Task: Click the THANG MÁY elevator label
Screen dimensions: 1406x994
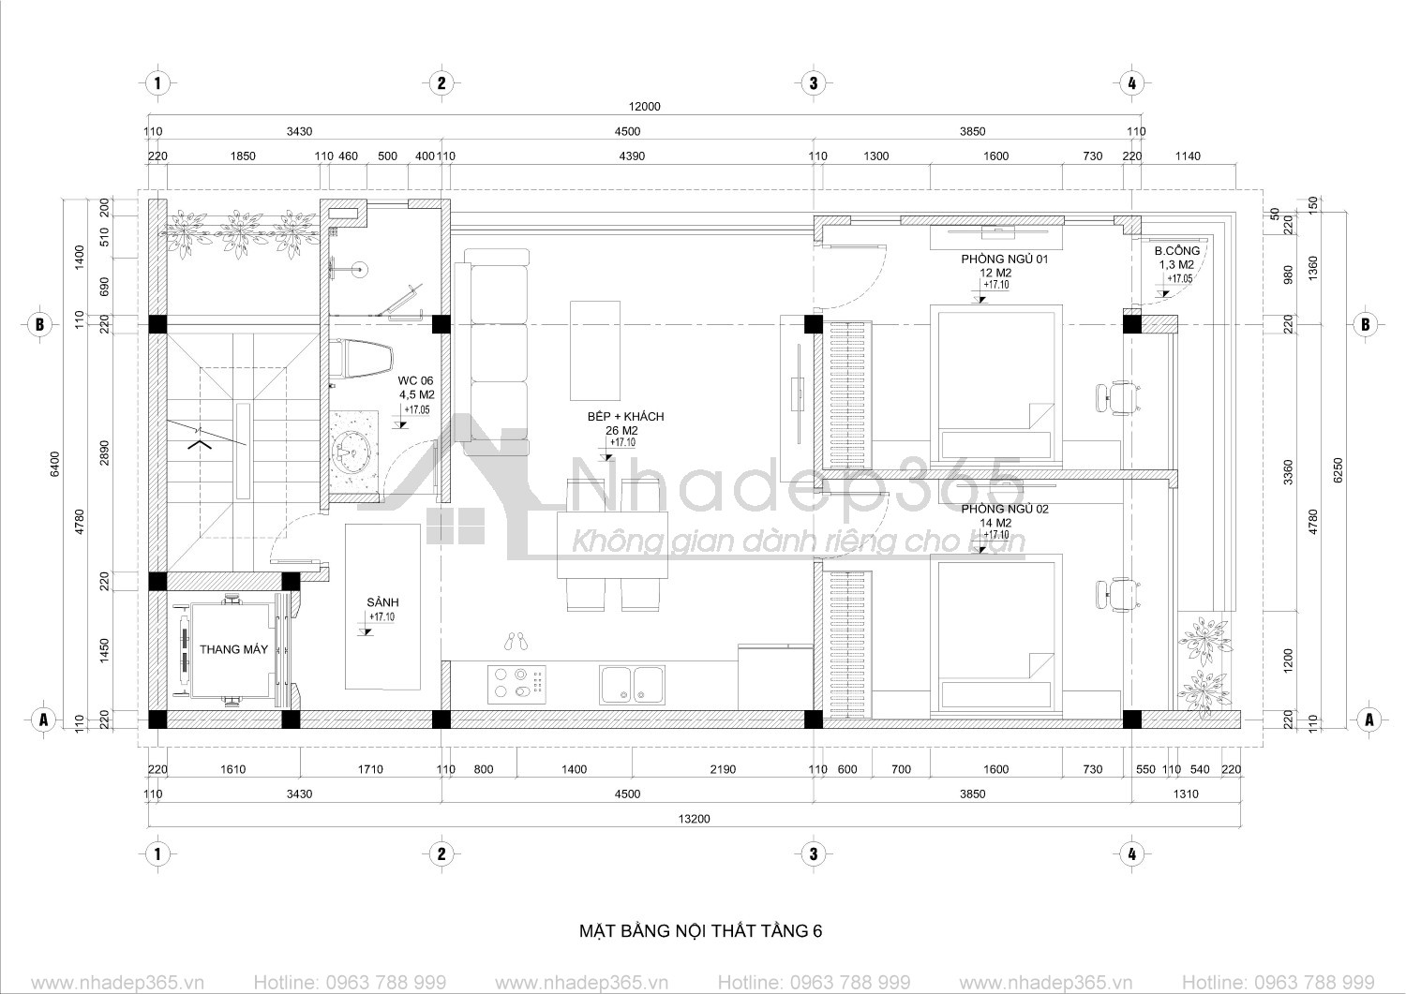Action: point(233,649)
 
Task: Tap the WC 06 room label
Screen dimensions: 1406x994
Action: point(415,381)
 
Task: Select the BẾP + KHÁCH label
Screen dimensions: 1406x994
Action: point(626,417)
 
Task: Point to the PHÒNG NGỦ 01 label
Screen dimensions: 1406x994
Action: point(1004,259)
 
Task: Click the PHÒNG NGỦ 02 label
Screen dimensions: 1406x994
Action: point(1004,509)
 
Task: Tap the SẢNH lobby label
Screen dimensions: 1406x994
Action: point(382,602)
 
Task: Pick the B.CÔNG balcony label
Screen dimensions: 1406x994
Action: point(1177,250)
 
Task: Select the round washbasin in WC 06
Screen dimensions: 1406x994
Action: point(351,450)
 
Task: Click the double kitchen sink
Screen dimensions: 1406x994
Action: point(632,685)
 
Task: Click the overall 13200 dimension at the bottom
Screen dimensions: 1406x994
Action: point(695,818)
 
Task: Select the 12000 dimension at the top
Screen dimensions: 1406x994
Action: point(645,107)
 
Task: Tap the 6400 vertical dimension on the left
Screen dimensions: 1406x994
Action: point(55,464)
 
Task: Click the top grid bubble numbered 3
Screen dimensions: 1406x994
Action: point(814,82)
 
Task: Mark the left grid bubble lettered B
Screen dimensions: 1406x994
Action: point(40,324)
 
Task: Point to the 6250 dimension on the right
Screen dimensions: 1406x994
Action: point(1339,469)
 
